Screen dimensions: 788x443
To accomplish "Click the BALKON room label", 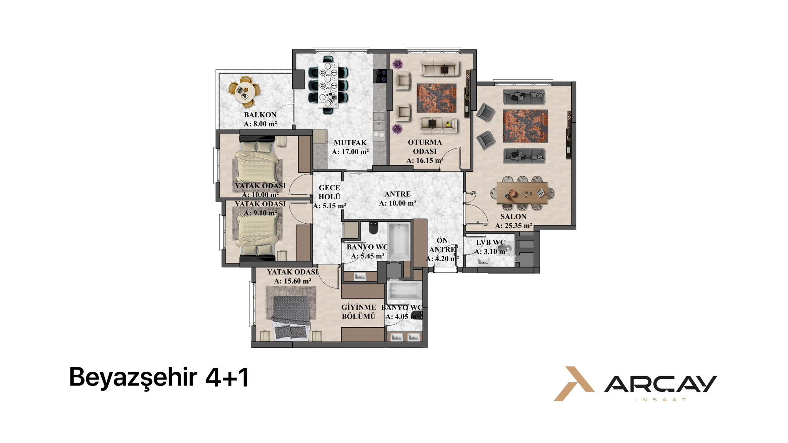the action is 260,115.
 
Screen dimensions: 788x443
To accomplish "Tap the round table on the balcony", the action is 244,92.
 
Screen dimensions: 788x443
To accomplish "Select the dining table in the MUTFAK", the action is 328,85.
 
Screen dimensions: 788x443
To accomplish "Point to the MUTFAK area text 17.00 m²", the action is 350,152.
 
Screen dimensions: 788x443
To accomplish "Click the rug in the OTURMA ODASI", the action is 437,98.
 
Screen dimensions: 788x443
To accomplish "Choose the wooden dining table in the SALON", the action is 522,193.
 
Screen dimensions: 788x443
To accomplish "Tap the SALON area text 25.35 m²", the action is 513,226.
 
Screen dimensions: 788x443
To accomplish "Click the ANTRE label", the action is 398,194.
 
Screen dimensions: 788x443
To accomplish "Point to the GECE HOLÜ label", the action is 329,192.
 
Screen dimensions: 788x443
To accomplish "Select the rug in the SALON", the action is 525,126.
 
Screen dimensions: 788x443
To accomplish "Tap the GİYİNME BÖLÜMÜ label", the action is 359,311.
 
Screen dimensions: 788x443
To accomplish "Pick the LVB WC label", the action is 491,243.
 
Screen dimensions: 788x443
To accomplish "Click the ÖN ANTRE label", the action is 442,245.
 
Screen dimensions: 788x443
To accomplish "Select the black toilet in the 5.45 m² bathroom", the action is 373,228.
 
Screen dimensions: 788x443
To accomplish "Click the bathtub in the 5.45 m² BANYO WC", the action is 399,241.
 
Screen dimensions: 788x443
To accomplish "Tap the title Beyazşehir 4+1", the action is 159,378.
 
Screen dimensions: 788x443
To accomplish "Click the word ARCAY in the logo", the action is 660,384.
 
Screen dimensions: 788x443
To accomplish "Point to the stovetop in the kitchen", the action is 380,76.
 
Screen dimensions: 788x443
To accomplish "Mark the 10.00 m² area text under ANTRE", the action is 398,203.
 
